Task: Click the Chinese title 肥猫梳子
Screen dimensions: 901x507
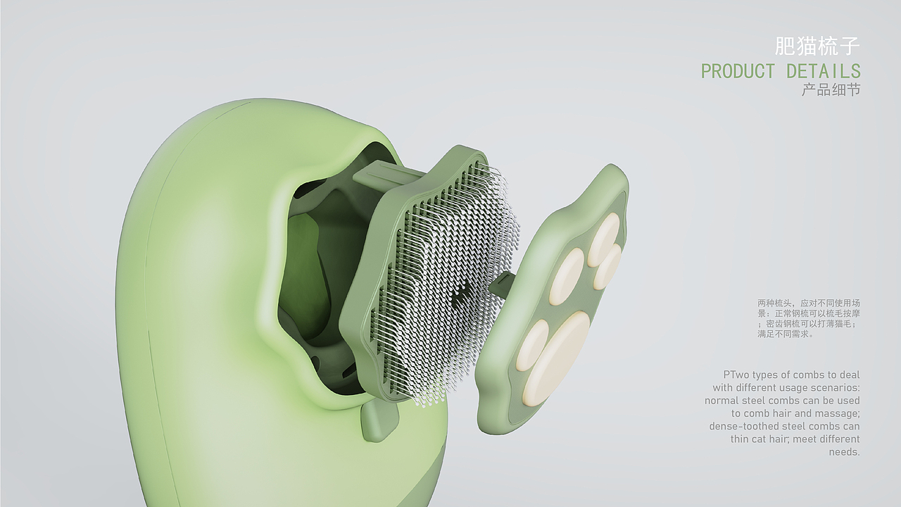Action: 817,46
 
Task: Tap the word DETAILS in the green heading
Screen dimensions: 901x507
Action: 824,72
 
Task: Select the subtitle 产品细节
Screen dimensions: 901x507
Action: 831,89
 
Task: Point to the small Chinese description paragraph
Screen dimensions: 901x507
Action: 809,318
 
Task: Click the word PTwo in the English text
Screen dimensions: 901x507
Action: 736,375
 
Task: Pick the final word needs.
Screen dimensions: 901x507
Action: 844,452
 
